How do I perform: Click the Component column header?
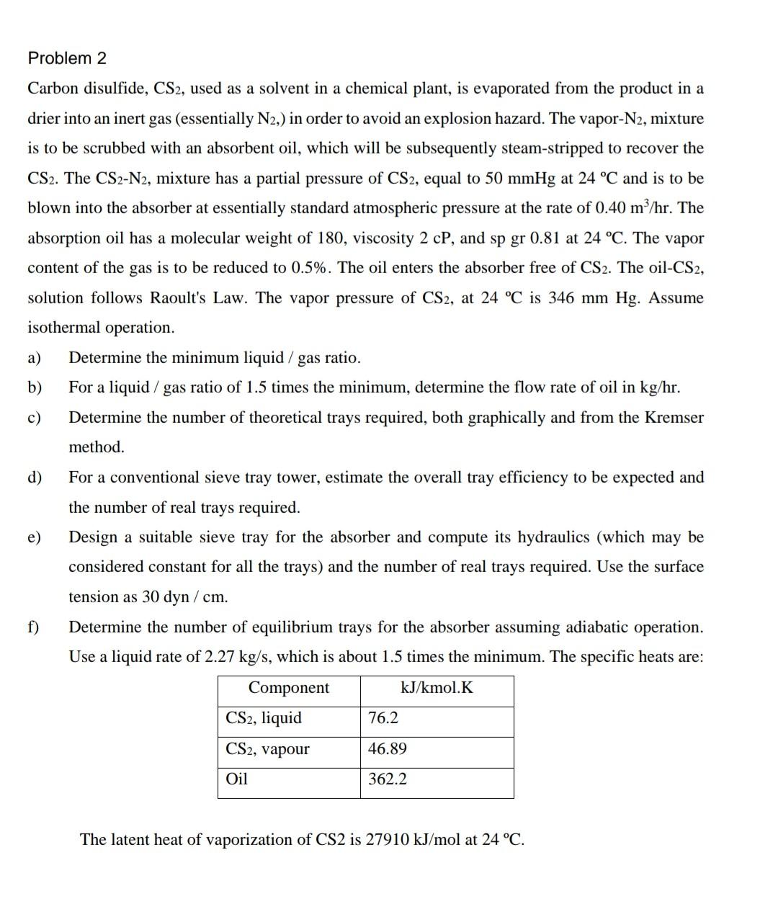[x=288, y=688]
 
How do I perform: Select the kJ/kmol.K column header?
[x=437, y=688]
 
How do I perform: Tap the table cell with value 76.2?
[x=383, y=718]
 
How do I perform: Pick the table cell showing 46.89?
[x=387, y=749]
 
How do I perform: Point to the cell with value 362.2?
[x=387, y=779]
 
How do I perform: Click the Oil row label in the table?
[x=236, y=779]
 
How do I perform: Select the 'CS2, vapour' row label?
[x=267, y=749]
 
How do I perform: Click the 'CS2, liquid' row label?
[x=264, y=718]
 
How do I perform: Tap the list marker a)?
[x=34, y=358]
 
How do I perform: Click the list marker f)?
[x=33, y=627]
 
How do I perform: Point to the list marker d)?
[x=34, y=478]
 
